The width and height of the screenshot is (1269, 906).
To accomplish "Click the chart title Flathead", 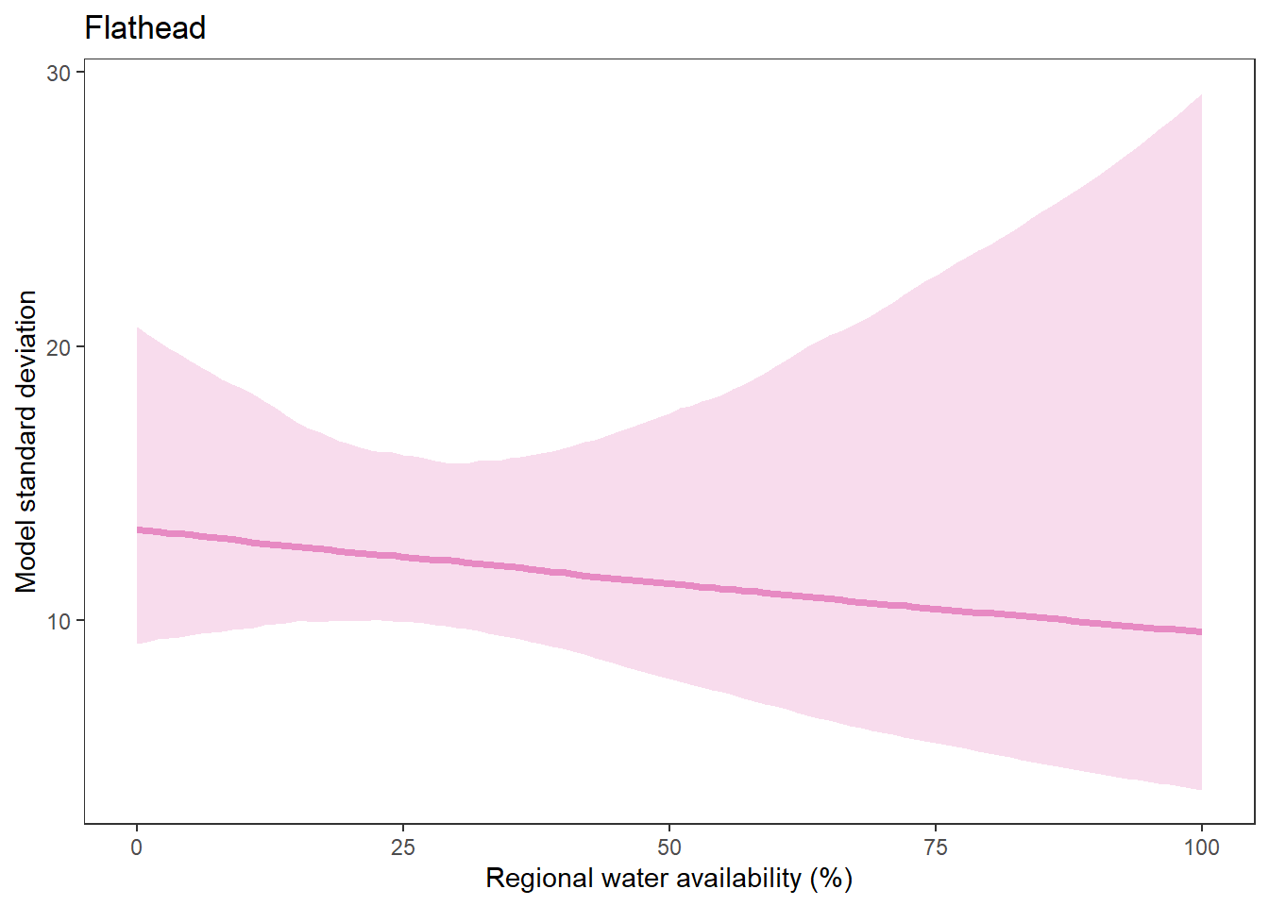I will [144, 28].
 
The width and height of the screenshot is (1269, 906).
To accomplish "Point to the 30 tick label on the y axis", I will [59, 74].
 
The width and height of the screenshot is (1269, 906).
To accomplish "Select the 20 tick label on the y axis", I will [59, 347].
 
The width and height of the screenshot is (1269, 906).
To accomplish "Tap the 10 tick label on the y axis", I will [59, 621].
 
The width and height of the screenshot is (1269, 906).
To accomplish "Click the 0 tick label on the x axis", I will [137, 847].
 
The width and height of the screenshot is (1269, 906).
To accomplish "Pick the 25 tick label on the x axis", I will [403, 847].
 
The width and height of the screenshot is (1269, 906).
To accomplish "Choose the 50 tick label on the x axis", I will [669, 847].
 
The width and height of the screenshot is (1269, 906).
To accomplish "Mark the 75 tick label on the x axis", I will [936, 847].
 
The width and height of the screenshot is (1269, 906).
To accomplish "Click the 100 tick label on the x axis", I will [1201, 847].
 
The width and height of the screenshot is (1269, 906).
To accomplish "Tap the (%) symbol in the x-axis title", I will [831, 879].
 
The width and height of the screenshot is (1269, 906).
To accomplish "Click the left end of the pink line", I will [138, 530].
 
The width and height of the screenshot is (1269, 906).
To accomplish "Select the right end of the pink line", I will [1201, 631].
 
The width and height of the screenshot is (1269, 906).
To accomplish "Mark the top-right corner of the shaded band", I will [1201, 95].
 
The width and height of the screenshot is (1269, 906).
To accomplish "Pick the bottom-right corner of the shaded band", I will [1201, 789].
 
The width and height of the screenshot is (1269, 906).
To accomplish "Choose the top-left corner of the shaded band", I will [138, 327].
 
